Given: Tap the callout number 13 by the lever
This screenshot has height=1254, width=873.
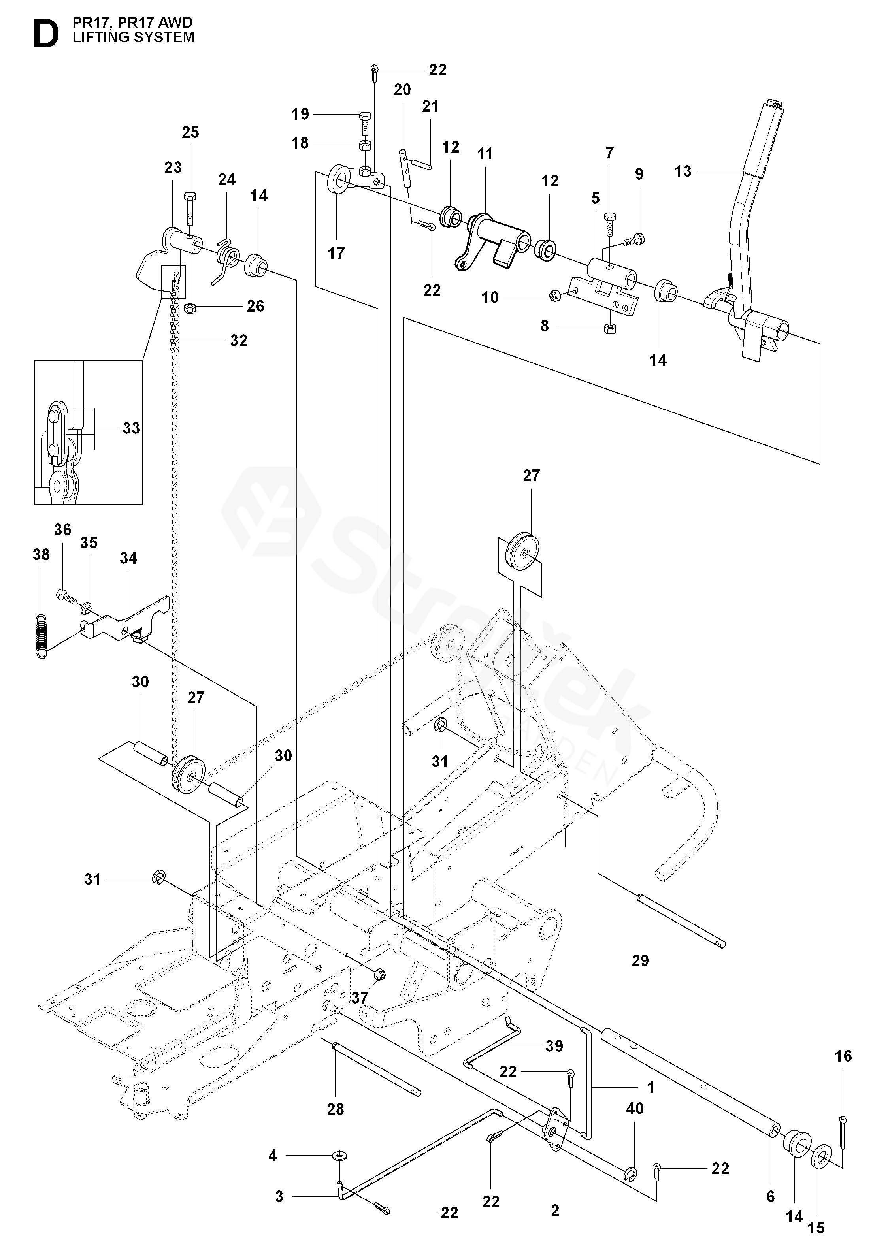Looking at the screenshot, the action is [683, 171].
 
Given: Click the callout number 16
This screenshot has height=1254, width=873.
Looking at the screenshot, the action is [843, 1056].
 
